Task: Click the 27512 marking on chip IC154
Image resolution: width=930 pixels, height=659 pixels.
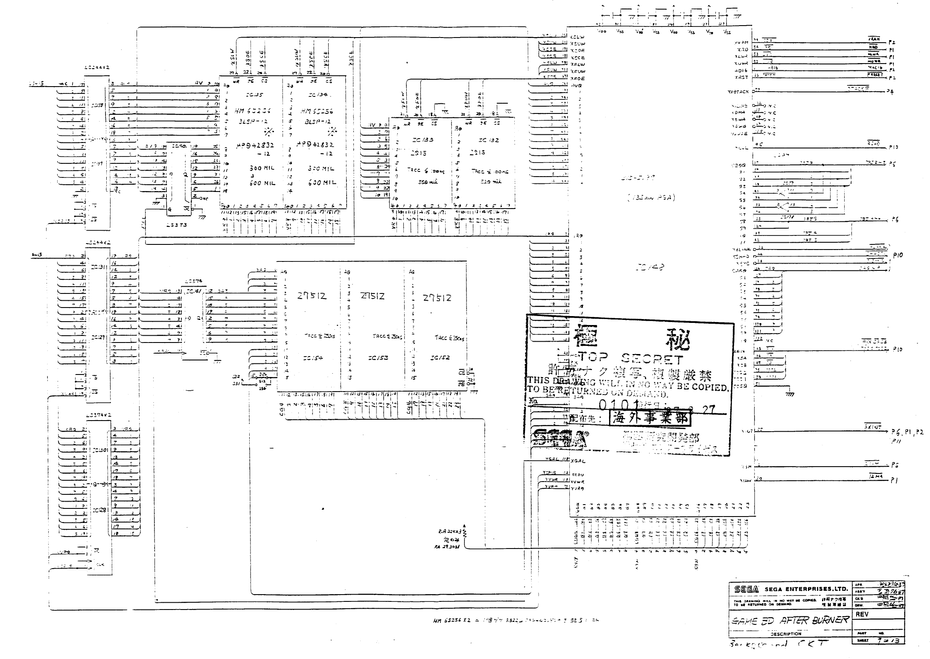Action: click(312, 296)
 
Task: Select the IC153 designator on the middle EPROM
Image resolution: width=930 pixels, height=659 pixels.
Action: click(379, 358)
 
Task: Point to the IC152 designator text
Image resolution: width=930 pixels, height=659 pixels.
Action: click(440, 358)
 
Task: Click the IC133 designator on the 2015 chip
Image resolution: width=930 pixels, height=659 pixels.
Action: click(423, 140)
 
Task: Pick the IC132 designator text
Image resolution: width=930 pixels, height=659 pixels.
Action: click(488, 140)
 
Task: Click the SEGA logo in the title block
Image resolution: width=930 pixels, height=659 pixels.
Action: click(746, 589)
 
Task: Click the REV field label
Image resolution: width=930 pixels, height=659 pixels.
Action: click(862, 615)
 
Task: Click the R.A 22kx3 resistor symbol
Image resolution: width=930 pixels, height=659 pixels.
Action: click(465, 533)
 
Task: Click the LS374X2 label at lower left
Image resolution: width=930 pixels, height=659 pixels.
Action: click(98, 415)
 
